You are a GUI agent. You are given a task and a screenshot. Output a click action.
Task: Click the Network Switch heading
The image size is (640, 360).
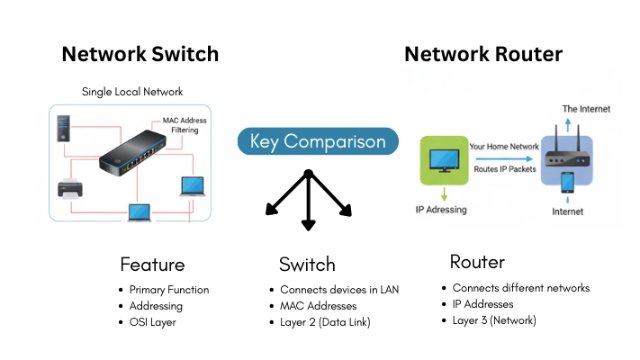point(140,54)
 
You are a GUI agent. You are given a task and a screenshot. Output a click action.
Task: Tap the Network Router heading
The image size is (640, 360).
point(483,54)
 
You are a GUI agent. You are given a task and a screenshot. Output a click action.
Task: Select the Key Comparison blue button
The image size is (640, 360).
point(318,141)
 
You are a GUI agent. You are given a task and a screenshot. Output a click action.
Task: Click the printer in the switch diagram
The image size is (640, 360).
point(71,189)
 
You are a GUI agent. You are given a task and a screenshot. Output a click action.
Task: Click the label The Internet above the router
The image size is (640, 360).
point(586,109)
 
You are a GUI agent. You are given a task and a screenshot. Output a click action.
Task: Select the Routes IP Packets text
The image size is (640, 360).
point(503,168)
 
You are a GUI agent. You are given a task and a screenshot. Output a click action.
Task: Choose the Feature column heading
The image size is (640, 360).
point(152,265)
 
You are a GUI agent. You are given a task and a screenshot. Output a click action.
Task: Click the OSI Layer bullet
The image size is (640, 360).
point(152,321)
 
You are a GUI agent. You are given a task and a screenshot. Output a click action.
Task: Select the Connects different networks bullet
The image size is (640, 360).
point(520,288)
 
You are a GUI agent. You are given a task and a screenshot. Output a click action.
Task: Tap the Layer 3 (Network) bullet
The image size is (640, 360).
point(494,319)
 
